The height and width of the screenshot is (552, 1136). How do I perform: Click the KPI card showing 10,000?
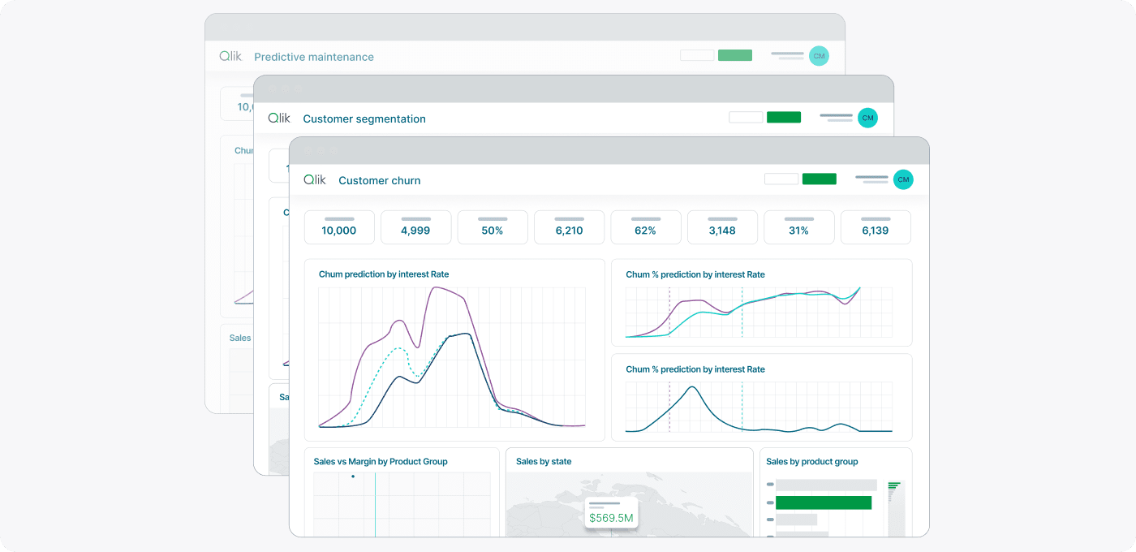coord(339,228)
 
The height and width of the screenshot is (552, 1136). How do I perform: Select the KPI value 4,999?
coord(415,231)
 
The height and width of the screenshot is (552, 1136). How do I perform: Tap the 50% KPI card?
coord(493,231)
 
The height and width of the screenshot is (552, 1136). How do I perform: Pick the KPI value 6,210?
coord(569,231)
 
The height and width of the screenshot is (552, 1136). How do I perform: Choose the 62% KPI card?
coord(646,231)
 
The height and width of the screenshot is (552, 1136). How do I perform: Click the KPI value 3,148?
coord(722,231)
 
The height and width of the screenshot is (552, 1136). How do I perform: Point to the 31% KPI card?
coord(799,231)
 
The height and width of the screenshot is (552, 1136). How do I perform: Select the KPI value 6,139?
coord(876,231)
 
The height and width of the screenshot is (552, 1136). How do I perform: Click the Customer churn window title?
coord(380,180)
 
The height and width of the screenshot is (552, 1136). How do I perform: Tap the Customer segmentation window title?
coord(364,119)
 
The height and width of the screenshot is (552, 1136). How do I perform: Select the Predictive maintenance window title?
coord(314,57)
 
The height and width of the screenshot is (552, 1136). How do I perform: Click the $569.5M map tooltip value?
coord(611,518)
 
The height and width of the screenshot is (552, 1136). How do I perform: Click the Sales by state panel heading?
coord(544,461)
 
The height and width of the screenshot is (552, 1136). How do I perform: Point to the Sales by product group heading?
coord(811,461)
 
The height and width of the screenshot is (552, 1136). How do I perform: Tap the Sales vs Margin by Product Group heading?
coord(381,461)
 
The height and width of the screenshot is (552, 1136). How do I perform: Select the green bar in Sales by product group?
coord(824,502)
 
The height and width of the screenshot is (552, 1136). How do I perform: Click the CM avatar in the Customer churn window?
coord(903,179)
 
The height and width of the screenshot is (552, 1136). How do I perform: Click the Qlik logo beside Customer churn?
coord(315,179)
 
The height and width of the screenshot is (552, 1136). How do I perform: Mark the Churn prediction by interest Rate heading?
coord(384,274)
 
